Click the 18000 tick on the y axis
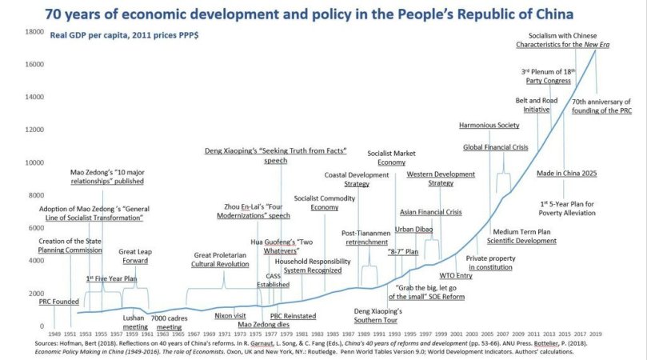point(34,32)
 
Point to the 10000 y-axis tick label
point(34,162)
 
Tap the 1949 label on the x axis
point(54,332)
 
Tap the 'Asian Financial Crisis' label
point(431,212)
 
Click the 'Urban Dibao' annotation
point(413,230)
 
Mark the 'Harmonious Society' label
point(489,126)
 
